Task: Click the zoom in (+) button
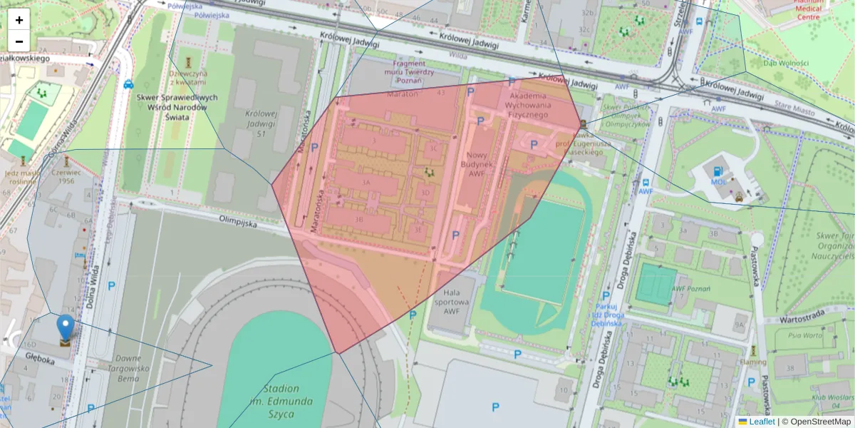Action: click(x=19, y=20)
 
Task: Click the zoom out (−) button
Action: click(x=19, y=41)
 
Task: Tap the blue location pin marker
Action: click(x=66, y=327)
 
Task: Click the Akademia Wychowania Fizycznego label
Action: click(x=528, y=106)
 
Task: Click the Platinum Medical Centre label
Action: click(x=809, y=9)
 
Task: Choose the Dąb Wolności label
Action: click(x=786, y=63)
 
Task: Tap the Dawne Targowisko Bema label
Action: click(x=128, y=368)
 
